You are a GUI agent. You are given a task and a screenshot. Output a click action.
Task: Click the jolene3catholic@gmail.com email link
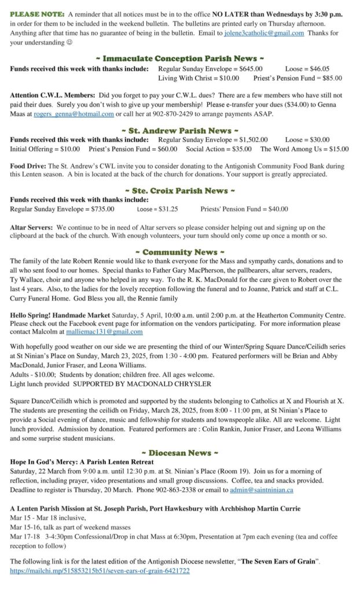pyautogui.click(x=264, y=34)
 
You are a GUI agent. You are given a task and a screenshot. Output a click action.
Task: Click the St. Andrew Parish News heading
pyautogui.click(x=179, y=130)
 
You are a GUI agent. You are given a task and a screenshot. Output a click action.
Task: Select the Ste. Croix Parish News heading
pyautogui.click(x=179, y=191)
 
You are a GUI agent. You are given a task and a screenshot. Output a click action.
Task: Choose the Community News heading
pyautogui.click(x=179, y=252)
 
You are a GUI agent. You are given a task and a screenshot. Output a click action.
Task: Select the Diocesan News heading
pyautogui.click(x=179, y=452)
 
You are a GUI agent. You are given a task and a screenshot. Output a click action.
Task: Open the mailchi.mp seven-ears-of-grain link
pyautogui.click(x=100, y=571)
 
